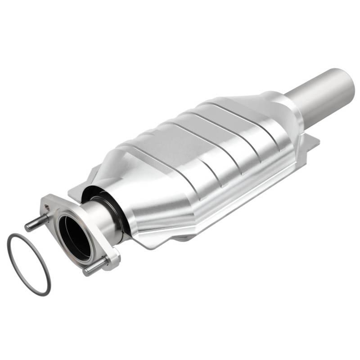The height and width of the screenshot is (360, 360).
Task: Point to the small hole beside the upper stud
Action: [x=46, y=207]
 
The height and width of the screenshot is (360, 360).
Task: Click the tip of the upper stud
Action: [x=27, y=227]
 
